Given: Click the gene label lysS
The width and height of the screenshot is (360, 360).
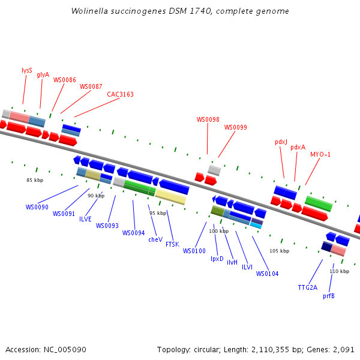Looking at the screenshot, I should click(x=27, y=70).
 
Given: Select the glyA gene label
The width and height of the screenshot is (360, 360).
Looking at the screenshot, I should click(x=43, y=75).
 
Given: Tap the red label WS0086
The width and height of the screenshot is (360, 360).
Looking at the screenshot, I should click(x=65, y=80).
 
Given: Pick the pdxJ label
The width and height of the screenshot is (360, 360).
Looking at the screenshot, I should click(x=281, y=142).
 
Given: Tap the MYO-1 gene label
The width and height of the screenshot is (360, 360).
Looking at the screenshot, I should click(x=320, y=154).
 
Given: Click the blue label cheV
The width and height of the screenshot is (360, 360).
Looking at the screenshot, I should click(x=155, y=239).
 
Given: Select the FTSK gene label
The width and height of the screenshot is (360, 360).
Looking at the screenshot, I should click(x=172, y=244).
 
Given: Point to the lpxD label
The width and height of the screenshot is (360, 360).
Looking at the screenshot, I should click(x=217, y=259).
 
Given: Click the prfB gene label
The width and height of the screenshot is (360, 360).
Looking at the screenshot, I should click(x=329, y=296).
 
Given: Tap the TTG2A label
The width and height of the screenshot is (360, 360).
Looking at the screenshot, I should click(x=308, y=287).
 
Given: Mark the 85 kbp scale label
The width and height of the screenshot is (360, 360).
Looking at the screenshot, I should click(x=35, y=180).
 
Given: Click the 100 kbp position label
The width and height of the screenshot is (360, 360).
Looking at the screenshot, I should click(x=218, y=231).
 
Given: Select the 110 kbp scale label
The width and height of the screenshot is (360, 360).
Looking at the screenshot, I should click(x=340, y=271).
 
